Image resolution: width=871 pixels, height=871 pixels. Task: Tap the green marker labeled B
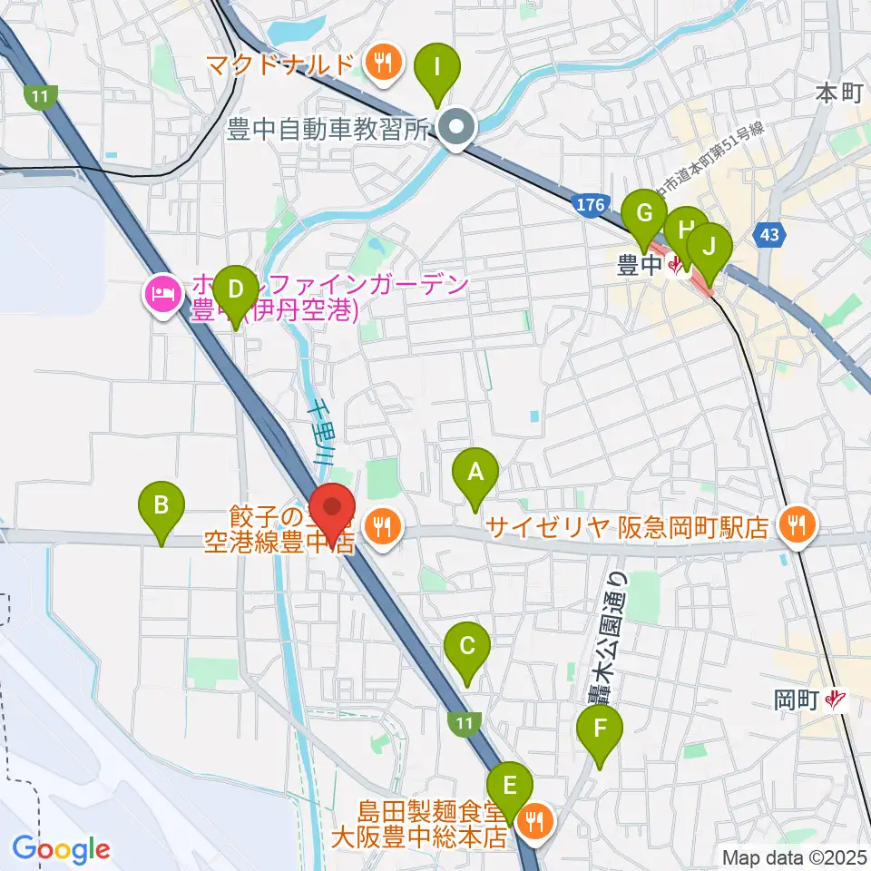point(161,504)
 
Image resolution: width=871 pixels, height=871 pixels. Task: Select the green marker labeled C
point(467,647)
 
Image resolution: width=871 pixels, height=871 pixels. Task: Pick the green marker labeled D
point(236,290)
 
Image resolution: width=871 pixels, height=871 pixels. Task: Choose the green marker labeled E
point(510,784)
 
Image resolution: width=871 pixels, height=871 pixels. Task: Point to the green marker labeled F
point(600,729)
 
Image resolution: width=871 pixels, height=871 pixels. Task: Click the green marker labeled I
point(438,67)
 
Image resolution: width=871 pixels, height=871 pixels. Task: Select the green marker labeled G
point(645,215)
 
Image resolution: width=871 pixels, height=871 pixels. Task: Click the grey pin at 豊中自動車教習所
point(455,129)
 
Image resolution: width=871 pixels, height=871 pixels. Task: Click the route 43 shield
point(769,235)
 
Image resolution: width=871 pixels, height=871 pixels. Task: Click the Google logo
point(62,849)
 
